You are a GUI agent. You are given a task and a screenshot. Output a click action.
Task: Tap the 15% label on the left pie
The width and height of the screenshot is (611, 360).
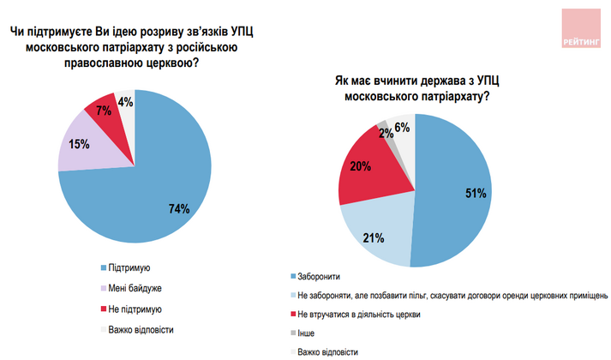point(78,143)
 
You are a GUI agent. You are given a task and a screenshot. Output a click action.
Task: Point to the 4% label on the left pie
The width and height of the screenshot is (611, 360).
point(126,102)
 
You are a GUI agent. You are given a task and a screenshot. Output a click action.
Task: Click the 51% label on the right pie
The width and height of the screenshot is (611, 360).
point(476,194)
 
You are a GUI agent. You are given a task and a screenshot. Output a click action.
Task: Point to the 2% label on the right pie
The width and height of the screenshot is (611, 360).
point(386,133)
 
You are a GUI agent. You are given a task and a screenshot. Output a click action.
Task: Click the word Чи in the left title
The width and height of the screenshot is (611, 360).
point(17,32)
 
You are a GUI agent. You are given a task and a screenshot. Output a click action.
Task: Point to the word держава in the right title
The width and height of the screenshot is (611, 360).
point(430,80)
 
